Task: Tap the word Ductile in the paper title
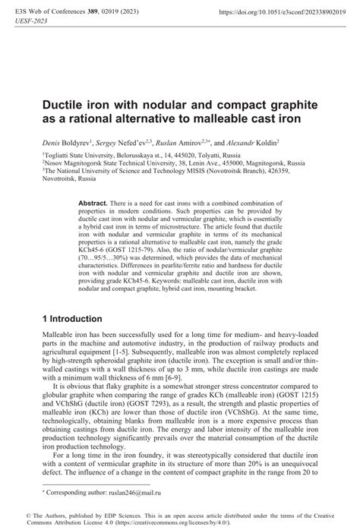coord(65,103)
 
